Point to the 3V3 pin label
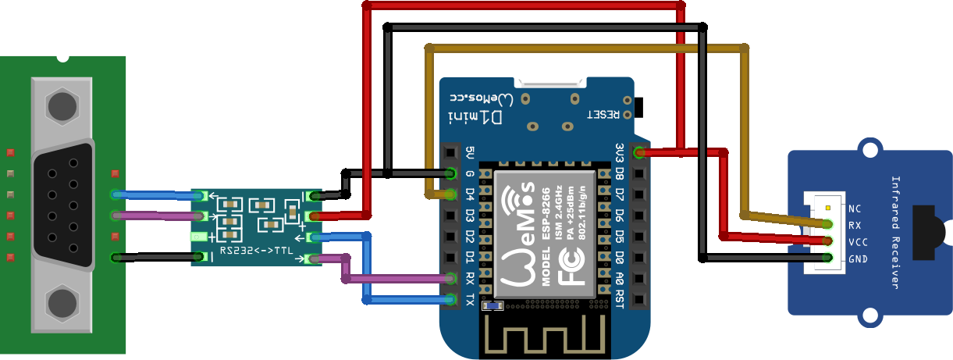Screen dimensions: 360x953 pos(619,151)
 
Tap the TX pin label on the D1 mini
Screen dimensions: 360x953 pos(469,299)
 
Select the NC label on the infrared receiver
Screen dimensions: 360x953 pos(854,209)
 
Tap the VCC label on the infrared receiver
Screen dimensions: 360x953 pos(857,241)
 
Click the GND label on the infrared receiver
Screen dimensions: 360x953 pos(857,258)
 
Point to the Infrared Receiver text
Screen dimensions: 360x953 pos(894,232)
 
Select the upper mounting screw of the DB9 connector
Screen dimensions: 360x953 pos(62,105)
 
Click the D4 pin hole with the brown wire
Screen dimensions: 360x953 pos(450,194)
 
